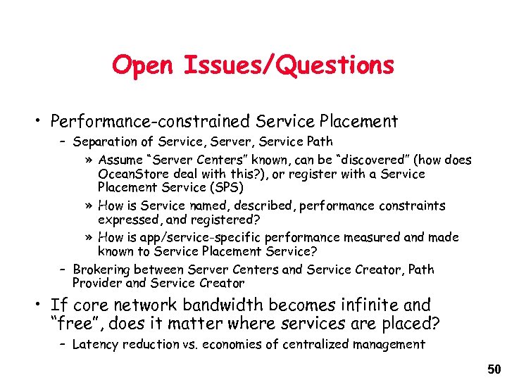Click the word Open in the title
pyautogui.click(x=143, y=65)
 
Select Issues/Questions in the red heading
pyautogui.click(x=288, y=65)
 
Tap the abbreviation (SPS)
pyautogui.click(x=220, y=187)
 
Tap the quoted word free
pyautogui.click(x=75, y=324)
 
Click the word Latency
pyautogui.click(x=96, y=344)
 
